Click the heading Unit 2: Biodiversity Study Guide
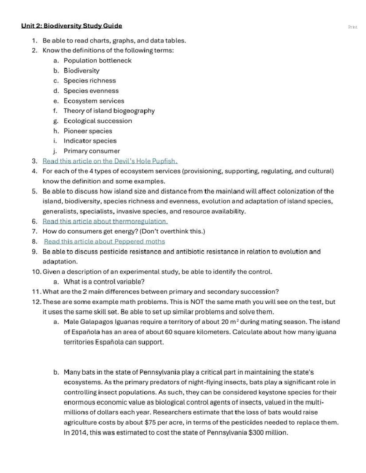(x=71, y=26)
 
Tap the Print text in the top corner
(x=352, y=27)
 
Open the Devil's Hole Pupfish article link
(x=110, y=161)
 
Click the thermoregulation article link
(x=105, y=221)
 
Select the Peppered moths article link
(x=104, y=242)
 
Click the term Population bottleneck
(x=97, y=61)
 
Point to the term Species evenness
(x=91, y=91)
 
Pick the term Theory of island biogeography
(x=109, y=111)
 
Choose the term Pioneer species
(x=88, y=131)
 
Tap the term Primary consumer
(x=91, y=151)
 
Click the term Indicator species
(x=90, y=141)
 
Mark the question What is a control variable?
(x=104, y=282)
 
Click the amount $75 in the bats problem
(x=150, y=422)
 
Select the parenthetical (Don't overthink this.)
(x=172, y=231)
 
